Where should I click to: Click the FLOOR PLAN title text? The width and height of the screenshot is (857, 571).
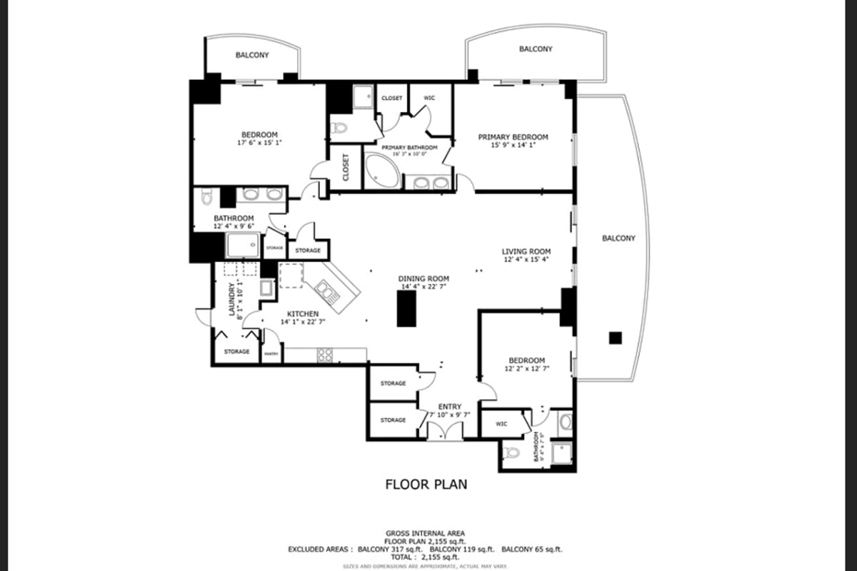point(426,485)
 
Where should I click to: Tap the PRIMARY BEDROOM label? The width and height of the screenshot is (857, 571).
point(513,137)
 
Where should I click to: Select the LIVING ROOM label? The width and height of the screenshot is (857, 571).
point(526,251)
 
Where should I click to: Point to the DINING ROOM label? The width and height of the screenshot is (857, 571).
point(424,278)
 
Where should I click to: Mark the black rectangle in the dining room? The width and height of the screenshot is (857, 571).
point(406,309)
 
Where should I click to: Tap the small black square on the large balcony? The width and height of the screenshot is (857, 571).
point(615,338)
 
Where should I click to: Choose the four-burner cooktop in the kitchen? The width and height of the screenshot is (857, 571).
point(325,354)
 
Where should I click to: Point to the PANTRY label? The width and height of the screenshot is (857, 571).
point(271,354)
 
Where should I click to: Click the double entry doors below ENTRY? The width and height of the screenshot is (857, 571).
point(445,431)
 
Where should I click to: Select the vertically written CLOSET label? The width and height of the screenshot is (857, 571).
point(346,168)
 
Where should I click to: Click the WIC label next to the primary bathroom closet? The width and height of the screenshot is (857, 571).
point(429,98)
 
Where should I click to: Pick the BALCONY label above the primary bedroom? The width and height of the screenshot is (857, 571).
point(536,49)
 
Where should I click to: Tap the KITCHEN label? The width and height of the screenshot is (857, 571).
point(303,313)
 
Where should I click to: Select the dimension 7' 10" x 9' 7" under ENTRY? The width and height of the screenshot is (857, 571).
point(450,415)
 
